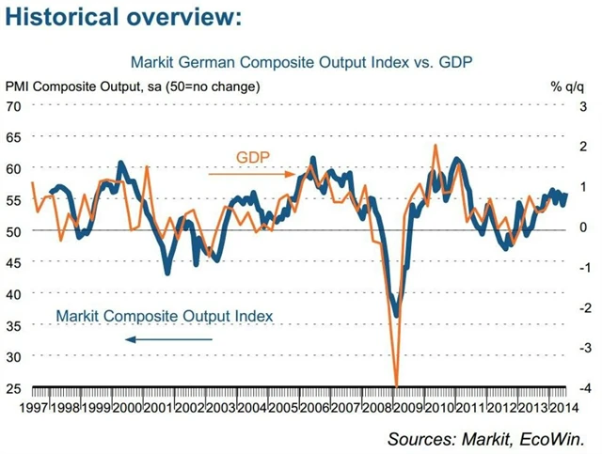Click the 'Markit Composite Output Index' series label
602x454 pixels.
165,316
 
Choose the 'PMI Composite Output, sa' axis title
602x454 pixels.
133,86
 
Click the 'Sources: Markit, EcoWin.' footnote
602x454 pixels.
492,438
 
